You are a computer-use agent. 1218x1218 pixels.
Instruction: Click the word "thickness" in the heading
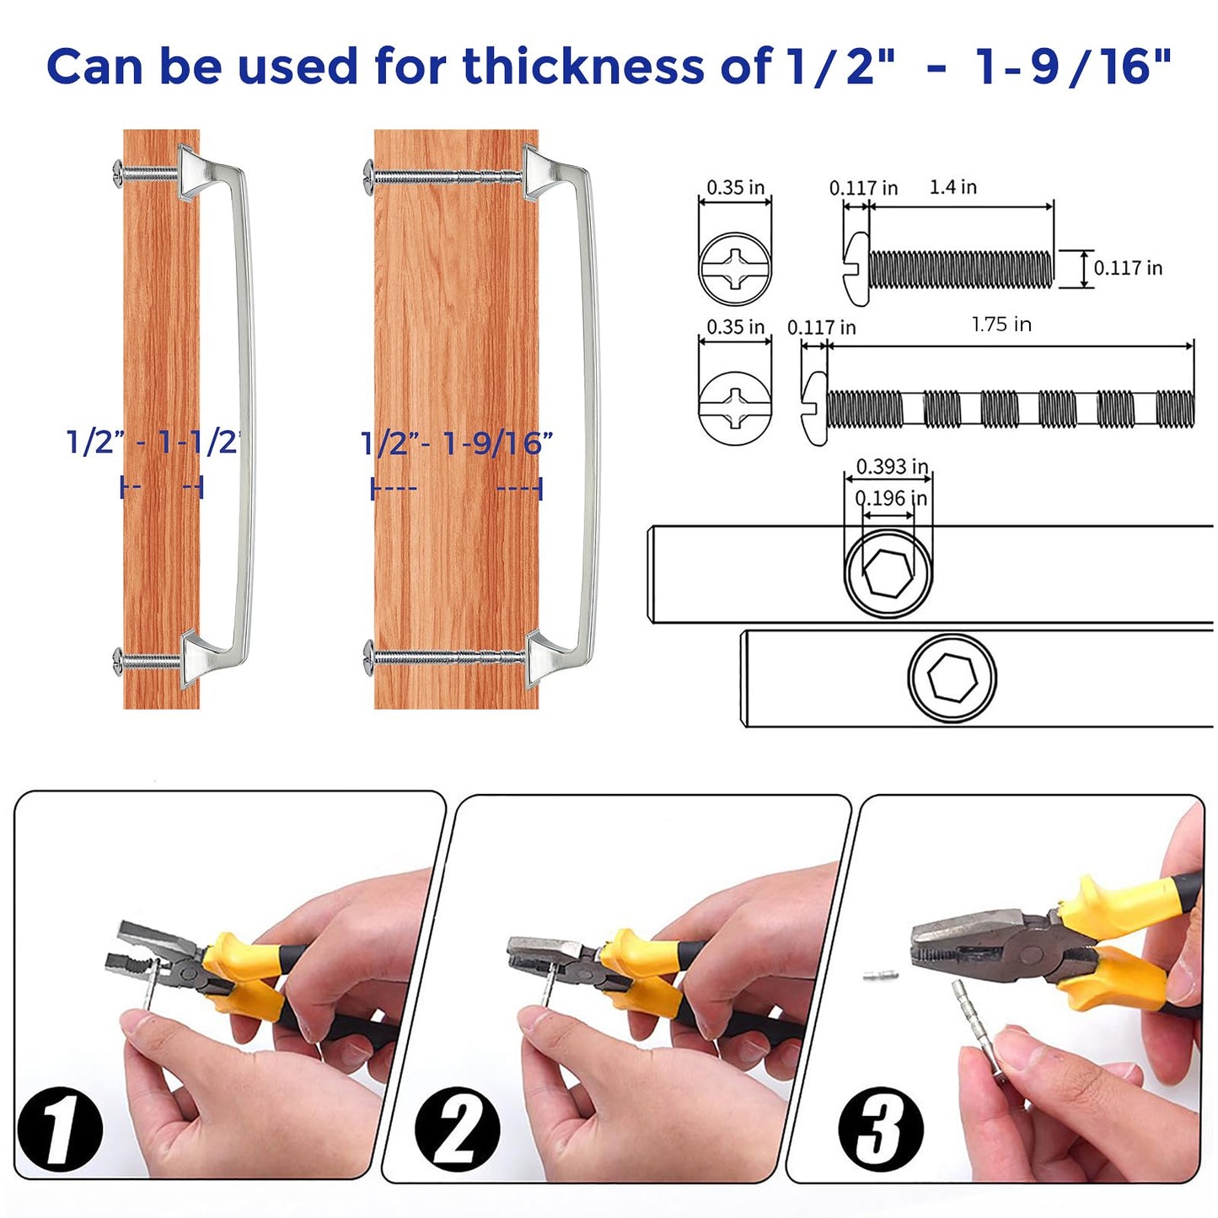click(x=582, y=66)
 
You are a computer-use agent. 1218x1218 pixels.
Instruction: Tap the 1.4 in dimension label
click(x=952, y=187)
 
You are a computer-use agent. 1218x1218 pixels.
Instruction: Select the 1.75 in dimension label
click(x=1001, y=325)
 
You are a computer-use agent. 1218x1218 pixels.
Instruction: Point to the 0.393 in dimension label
click(x=892, y=466)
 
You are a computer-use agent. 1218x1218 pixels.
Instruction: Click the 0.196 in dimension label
click(x=891, y=498)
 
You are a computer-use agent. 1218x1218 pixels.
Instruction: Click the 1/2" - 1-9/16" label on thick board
click(x=456, y=443)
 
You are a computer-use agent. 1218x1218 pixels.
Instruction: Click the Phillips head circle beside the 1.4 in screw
click(x=734, y=269)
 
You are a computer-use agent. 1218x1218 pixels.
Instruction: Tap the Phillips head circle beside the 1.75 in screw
click(x=734, y=408)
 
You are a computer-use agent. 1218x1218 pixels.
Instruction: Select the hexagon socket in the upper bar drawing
click(x=888, y=572)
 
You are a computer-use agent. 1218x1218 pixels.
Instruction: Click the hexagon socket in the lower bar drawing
click(x=952, y=676)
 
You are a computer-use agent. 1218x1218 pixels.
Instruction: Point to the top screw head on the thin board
click(x=118, y=170)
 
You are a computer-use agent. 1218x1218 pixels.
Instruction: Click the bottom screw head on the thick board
click(x=369, y=658)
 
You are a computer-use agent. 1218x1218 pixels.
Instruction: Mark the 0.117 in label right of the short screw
click(x=1128, y=268)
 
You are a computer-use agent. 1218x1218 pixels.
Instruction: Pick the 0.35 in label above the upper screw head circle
click(x=735, y=187)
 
